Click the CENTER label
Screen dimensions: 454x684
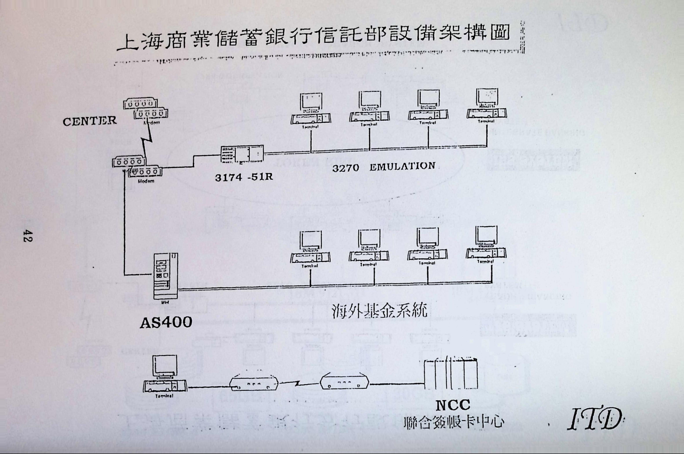tap(90, 121)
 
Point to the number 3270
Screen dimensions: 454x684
tap(346, 168)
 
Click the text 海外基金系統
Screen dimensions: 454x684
tap(379, 311)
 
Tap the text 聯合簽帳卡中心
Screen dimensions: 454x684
tap(454, 423)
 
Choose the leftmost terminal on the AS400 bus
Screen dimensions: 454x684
tap(310, 247)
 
